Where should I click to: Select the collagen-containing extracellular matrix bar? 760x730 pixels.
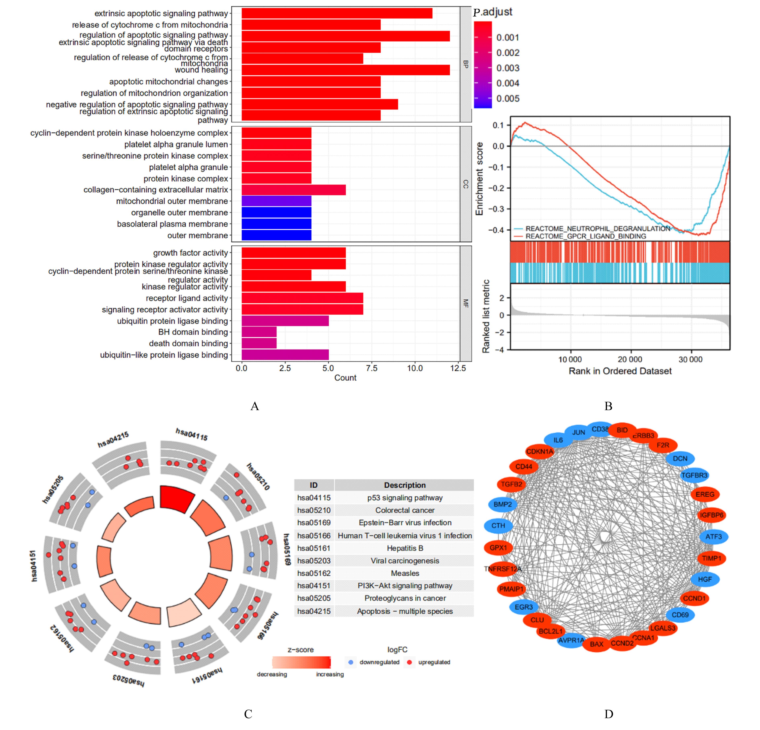click(x=294, y=190)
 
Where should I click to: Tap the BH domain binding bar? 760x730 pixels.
click(x=259, y=332)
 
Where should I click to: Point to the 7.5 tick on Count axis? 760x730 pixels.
click(x=372, y=368)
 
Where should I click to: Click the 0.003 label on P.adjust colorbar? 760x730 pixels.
click(x=507, y=68)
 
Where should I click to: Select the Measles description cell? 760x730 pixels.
click(x=405, y=573)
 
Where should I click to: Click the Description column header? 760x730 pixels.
click(x=405, y=485)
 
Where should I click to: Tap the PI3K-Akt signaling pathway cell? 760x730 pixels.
click(x=405, y=585)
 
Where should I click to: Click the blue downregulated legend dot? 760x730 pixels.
click(x=351, y=662)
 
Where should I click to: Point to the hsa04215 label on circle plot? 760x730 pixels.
click(x=113, y=440)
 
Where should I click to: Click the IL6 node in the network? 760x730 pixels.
click(x=558, y=440)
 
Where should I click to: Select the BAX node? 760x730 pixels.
click(x=596, y=644)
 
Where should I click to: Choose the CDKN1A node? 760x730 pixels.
click(x=539, y=451)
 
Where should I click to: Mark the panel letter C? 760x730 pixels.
click(x=248, y=714)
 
